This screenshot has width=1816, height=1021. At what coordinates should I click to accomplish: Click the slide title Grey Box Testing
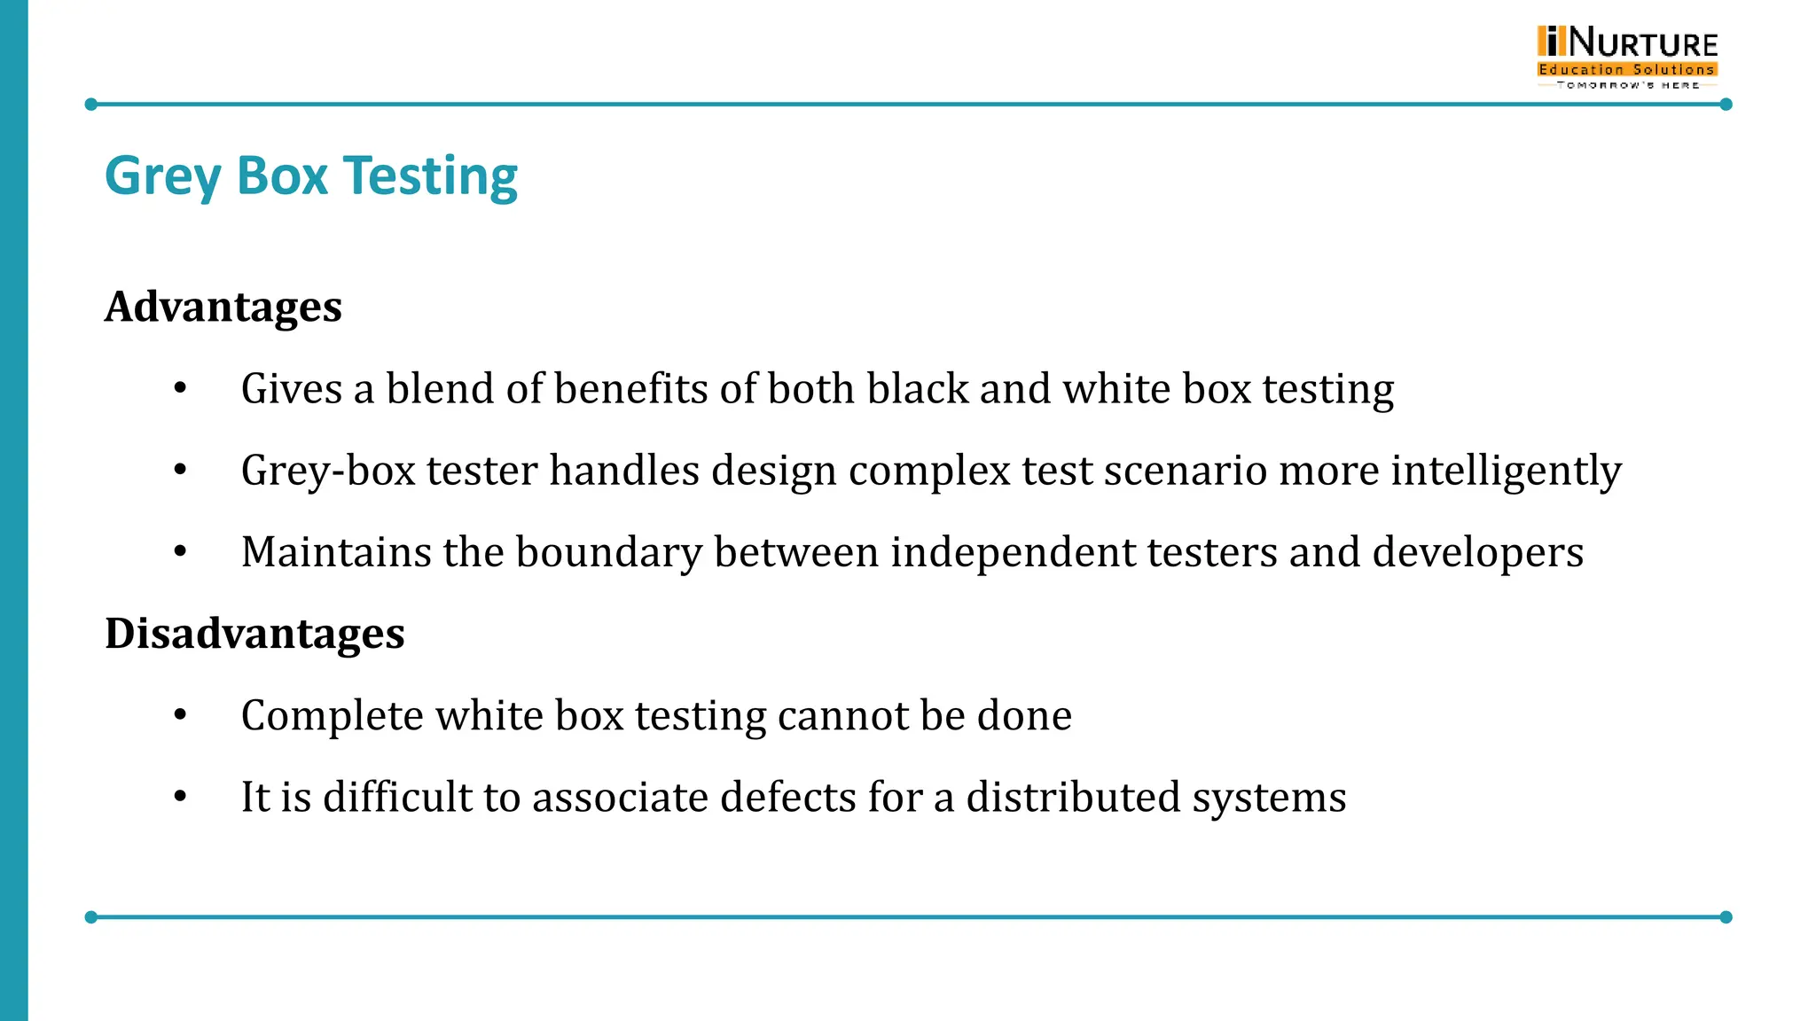tap(310, 176)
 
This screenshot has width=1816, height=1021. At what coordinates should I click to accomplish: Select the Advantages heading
tap(223, 308)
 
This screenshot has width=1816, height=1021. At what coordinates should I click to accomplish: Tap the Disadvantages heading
tap(254, 635)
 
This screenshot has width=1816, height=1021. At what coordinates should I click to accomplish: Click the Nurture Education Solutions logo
tap(1627, 57)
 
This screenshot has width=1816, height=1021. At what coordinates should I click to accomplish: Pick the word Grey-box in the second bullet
tap(328, 471)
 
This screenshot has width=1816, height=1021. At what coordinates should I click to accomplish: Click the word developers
tap(1477, 553)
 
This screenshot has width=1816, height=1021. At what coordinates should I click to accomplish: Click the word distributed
tap(1073, 797)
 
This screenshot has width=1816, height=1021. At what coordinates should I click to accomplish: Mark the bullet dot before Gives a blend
tap(181, 388)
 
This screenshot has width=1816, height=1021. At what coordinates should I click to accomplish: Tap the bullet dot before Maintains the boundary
tap(181, 551)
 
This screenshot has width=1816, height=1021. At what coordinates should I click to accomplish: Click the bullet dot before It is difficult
tap(181, 796)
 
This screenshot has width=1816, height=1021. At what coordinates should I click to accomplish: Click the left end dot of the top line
tap(90, 105)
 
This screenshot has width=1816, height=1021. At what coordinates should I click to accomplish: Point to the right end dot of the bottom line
tap(1726, 917)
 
